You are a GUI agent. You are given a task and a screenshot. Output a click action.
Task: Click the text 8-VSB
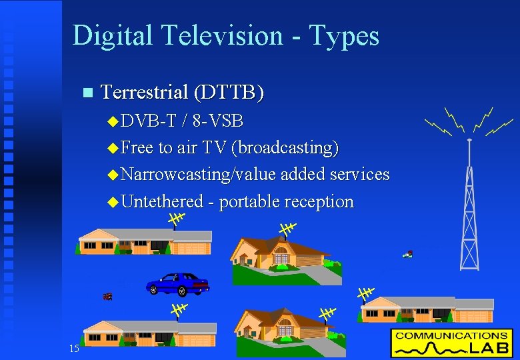(x=217, y=121)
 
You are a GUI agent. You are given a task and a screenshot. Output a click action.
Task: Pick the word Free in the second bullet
(x=137, y=147)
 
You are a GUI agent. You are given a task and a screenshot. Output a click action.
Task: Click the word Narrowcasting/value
(x=199, y=175)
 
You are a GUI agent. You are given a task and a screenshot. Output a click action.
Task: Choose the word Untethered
(x=163, y=201)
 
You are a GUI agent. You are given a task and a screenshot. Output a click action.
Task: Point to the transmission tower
(x=469, y=207)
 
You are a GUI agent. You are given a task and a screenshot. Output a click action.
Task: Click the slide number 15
(x=74, y=349)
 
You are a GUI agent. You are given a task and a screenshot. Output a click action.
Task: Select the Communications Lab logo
(x=451, y=343)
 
